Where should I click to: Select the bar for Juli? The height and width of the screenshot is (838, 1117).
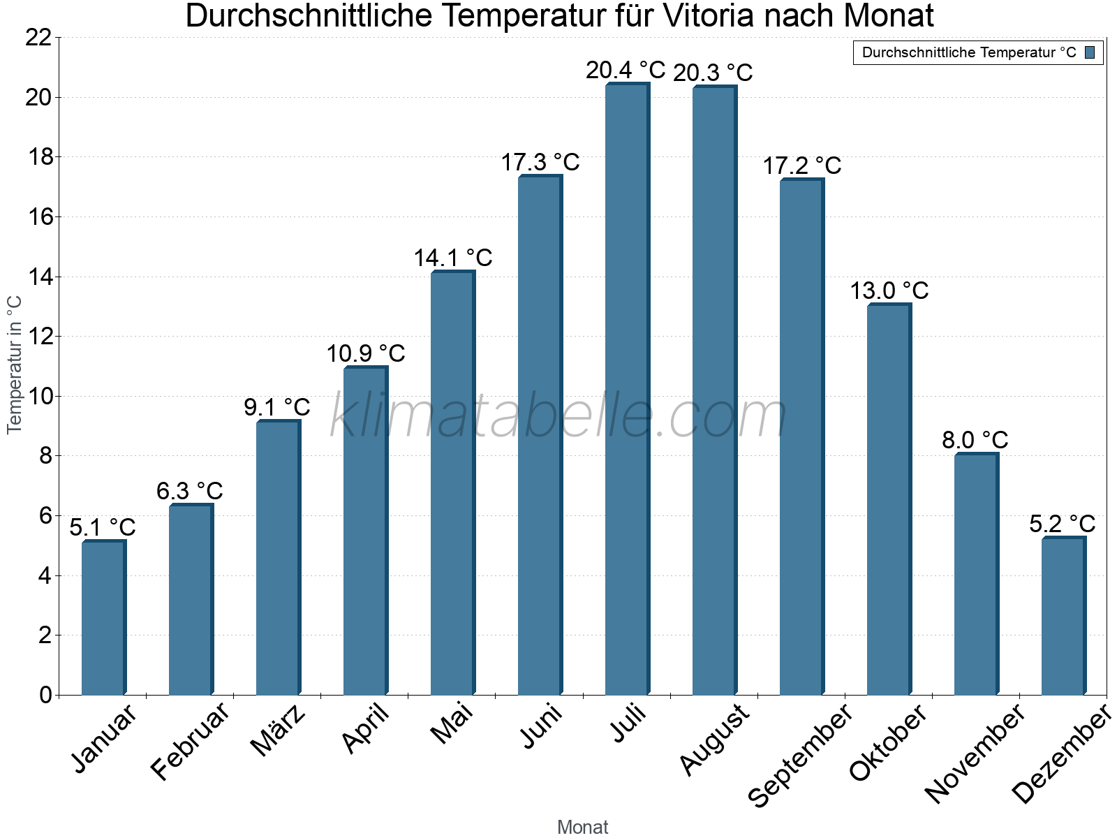627,391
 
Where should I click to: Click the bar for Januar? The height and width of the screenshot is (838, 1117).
103,618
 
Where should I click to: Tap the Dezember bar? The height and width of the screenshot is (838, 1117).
1063,616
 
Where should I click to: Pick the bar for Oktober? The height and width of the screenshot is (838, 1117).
889,499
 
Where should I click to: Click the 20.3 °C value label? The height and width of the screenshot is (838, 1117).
713,73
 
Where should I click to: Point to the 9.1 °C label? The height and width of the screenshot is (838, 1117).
276,407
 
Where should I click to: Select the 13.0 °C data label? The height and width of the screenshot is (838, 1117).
889,291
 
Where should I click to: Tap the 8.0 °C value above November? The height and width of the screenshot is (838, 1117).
975,441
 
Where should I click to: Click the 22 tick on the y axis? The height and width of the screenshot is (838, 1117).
38,38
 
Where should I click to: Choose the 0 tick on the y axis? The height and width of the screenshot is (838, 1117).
46,695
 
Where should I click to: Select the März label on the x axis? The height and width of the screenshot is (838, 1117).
279,730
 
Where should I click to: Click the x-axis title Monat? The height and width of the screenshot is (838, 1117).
583,828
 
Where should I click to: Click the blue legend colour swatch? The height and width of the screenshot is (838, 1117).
1090,52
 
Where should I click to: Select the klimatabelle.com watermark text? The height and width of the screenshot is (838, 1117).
558,416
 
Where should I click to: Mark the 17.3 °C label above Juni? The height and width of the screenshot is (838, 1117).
540,162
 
